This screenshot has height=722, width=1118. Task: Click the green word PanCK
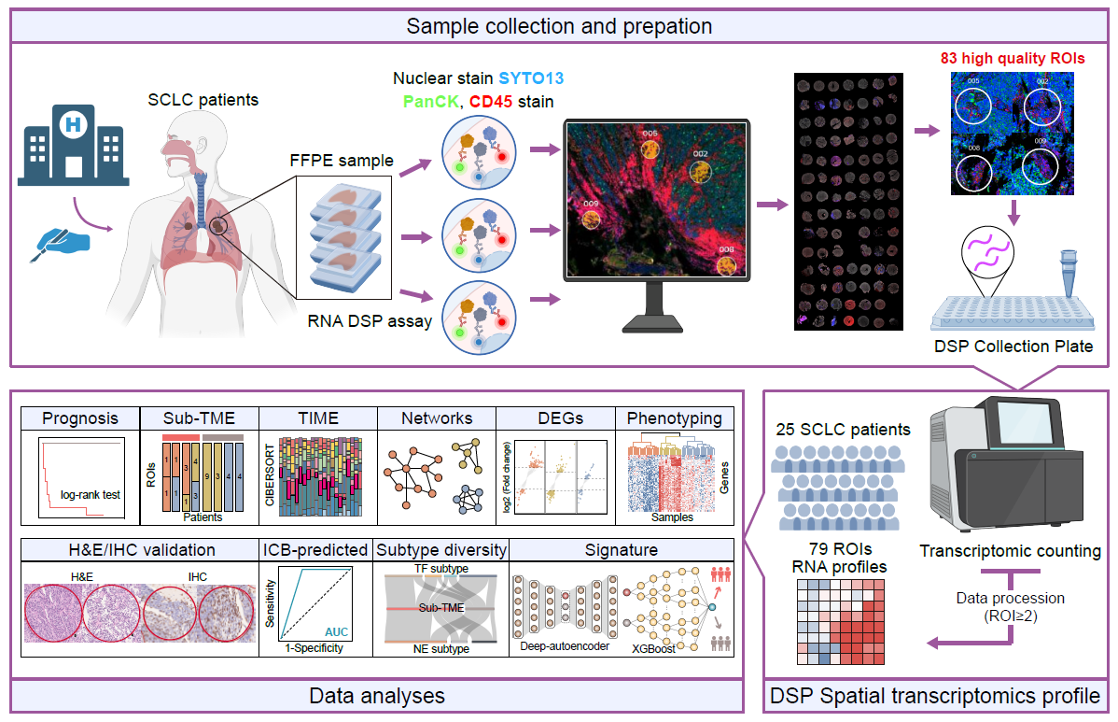tap(423, 100)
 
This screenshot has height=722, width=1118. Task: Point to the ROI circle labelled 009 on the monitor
tap(591, 219)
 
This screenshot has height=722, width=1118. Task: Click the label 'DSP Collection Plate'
tap(1013, 347)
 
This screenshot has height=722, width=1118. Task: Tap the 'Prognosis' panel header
tap(79, 418)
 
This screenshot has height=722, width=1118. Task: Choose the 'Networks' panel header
tap(436, 418)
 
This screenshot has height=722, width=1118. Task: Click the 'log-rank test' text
tap(91, 495)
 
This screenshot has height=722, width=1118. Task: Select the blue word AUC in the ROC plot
tap(336, 631)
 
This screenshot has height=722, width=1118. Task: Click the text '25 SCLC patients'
tap(843, 430)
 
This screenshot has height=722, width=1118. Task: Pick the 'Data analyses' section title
tap(376, 696)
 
